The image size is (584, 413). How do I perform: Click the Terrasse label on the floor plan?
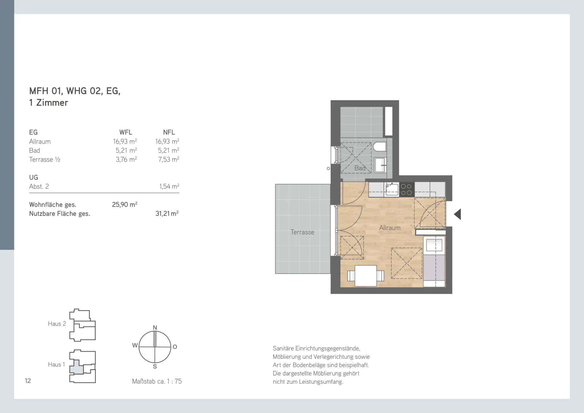302,232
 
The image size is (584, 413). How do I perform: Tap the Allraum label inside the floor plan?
390,228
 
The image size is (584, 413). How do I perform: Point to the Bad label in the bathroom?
360,168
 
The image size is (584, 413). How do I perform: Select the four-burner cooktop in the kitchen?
406,189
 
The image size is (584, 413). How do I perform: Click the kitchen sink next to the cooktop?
392,189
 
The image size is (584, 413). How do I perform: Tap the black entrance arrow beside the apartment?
457,214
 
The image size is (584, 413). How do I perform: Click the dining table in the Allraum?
365,276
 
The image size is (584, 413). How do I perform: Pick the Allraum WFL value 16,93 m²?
125,141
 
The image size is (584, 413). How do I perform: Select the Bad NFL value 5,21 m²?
168,150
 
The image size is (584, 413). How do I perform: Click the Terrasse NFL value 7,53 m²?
169,159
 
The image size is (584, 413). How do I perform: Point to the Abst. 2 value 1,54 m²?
169,186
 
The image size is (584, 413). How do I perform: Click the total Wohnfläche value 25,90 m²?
124,205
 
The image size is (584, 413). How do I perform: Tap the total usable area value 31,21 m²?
167,213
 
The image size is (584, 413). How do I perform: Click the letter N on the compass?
155,328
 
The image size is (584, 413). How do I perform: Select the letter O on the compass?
175,347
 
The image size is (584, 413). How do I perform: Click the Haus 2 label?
57,324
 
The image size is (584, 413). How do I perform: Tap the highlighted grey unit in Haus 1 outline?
76,368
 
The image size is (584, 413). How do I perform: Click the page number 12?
28,381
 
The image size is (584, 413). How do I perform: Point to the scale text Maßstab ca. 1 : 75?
157,381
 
